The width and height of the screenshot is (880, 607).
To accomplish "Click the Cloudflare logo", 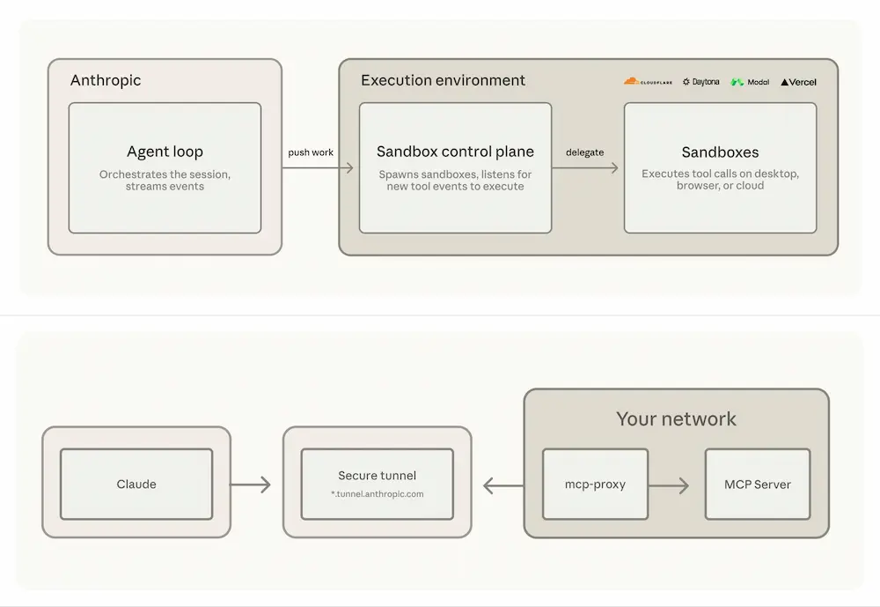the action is point(648,82).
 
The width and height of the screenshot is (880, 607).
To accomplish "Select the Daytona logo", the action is point(701,82).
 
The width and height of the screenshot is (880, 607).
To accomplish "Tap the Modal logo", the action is point(750,82).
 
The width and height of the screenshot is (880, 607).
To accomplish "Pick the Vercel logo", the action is point(798,82).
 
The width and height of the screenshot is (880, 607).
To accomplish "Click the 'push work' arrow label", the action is point(311,152).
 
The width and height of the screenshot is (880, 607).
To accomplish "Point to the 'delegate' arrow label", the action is point(585,152).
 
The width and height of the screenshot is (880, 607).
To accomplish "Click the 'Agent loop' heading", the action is point(165,152).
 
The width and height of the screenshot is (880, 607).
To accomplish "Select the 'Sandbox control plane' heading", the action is point(455,152).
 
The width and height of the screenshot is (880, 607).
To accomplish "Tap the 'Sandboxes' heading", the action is point(720,152).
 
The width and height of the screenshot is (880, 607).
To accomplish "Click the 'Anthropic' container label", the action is point(106,80).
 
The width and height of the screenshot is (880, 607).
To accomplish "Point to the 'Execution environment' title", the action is point(443,80).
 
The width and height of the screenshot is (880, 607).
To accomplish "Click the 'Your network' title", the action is point(676,418).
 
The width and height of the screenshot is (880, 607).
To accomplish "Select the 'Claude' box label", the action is point(136,484).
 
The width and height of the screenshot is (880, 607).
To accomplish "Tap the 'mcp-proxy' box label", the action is point(595,484).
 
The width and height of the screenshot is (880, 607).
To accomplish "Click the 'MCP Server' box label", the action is point(757,485).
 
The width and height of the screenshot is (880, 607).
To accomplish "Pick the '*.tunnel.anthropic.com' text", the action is point(378,494).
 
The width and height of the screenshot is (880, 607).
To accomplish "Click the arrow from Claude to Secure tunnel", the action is point(250,485).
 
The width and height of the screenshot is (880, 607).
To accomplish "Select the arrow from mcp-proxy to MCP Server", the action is point(669,485).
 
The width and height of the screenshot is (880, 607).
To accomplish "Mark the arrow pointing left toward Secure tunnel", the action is point(503,485).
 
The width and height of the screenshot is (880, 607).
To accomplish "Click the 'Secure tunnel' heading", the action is point(378,476).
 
